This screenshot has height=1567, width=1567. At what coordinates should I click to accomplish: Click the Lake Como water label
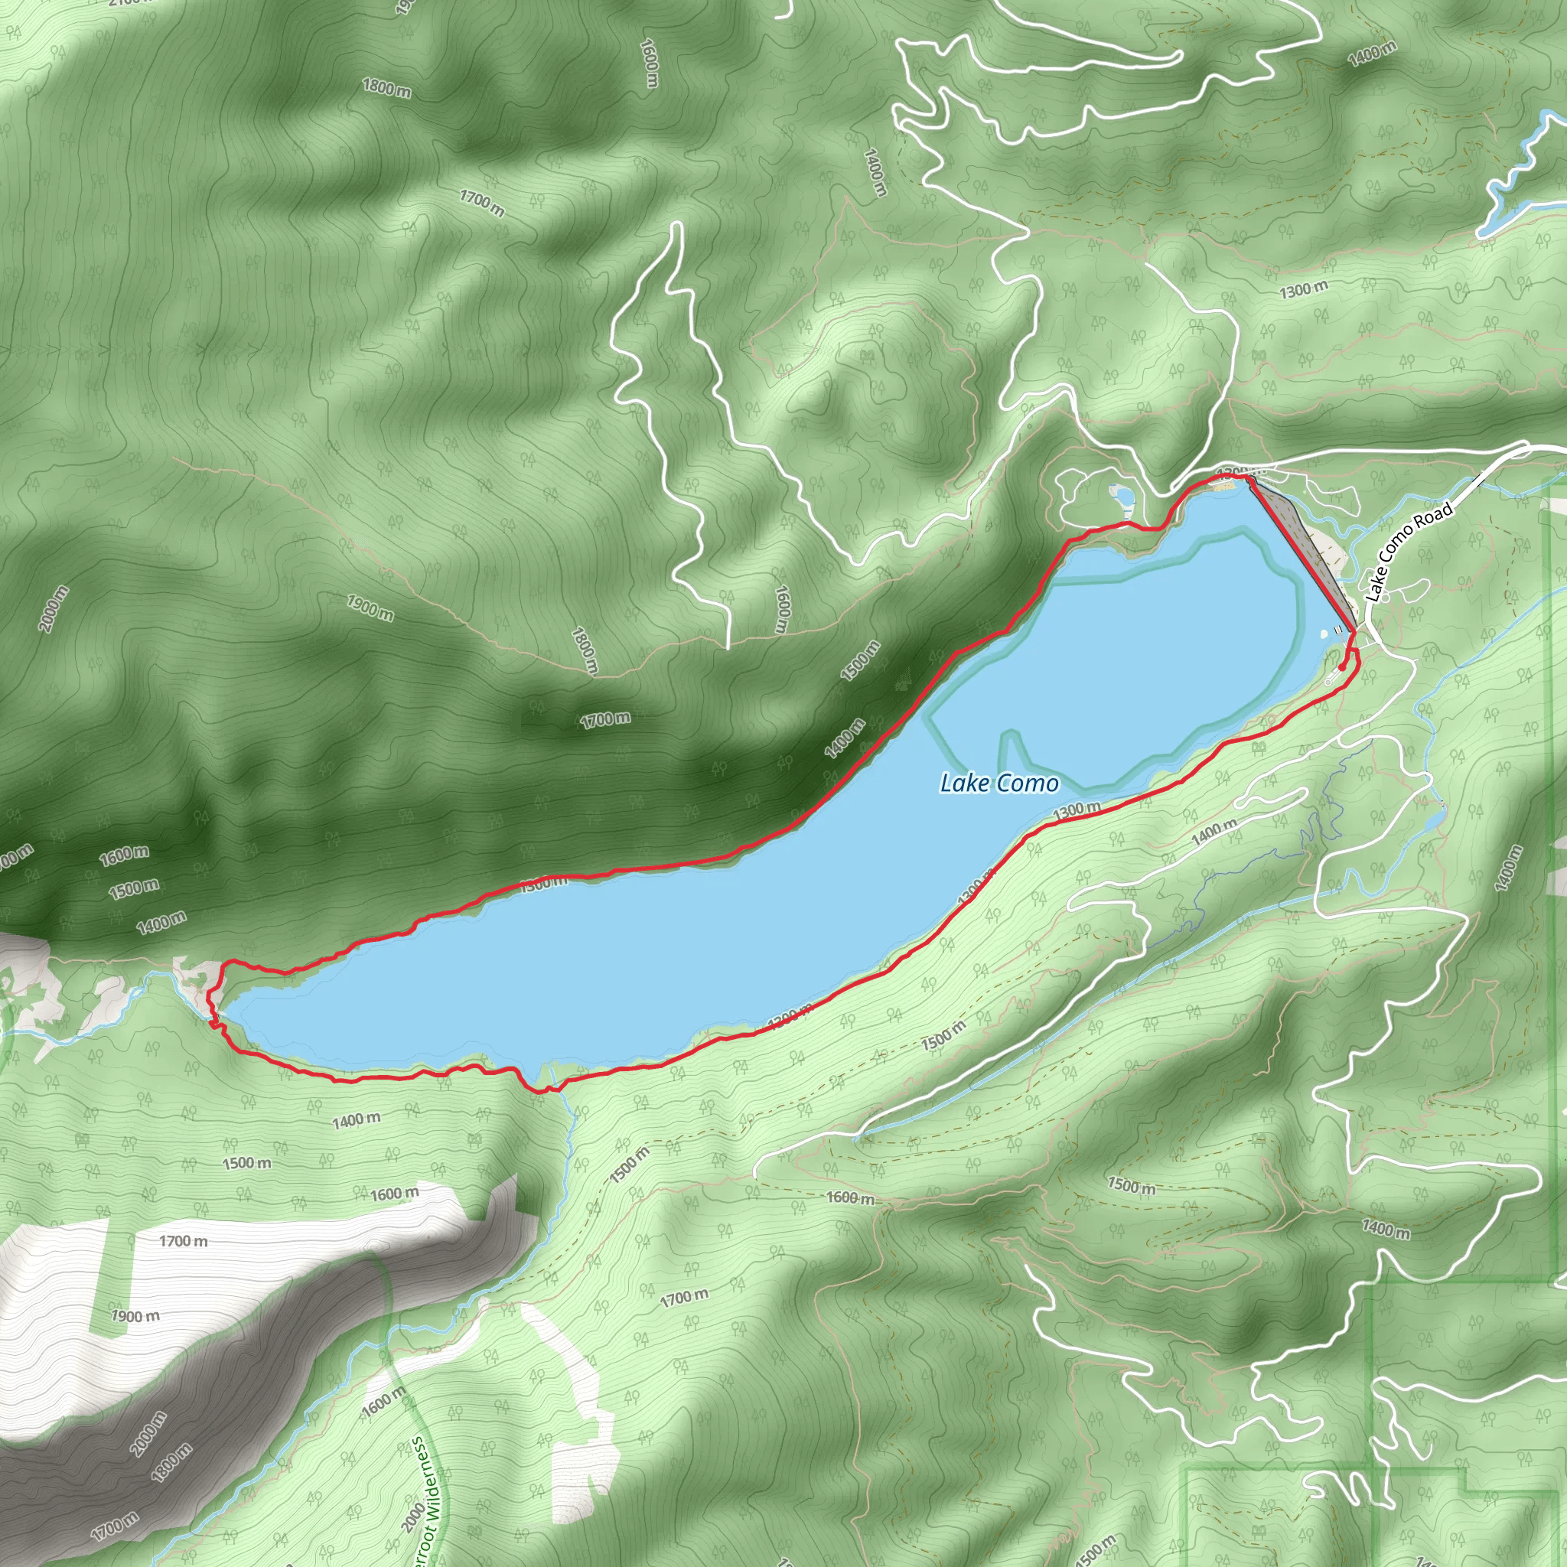(999, 783)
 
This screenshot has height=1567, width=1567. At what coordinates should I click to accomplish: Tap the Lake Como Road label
(1409, 552)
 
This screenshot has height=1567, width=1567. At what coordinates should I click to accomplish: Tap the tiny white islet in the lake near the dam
(1324, 634)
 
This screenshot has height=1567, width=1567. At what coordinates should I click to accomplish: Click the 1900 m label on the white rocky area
(135, 1315)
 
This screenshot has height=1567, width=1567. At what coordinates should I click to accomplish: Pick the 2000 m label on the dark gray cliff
(148, 1434)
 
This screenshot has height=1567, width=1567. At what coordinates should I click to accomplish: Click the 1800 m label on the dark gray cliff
(173, 1462)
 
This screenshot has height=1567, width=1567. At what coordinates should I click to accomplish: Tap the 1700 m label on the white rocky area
(183, 1241)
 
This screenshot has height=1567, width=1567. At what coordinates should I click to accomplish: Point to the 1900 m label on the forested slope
(370, 608)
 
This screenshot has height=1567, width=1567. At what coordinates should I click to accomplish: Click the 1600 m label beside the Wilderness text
(383, 1402)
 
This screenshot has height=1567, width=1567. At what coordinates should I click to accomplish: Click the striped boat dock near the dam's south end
(1339, 629)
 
